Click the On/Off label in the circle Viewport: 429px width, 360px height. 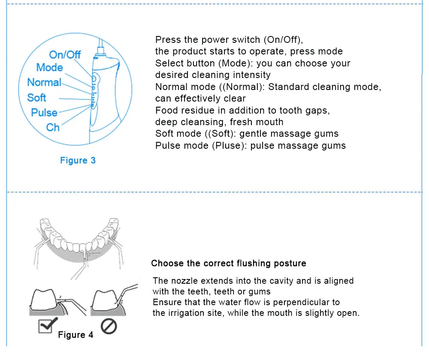point(65,54)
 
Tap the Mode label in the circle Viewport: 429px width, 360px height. point(50,67)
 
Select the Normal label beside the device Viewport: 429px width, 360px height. point(44,82)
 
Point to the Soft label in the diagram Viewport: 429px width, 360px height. point(36,97)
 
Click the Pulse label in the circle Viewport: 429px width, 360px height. point(44,112)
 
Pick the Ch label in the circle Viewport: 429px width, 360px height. point(53,127)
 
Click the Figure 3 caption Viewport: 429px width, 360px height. point(78,160)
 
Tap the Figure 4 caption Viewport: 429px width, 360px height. point(76,335)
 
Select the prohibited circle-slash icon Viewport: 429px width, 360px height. point(109,327)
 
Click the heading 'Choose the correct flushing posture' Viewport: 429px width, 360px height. point(229,263)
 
